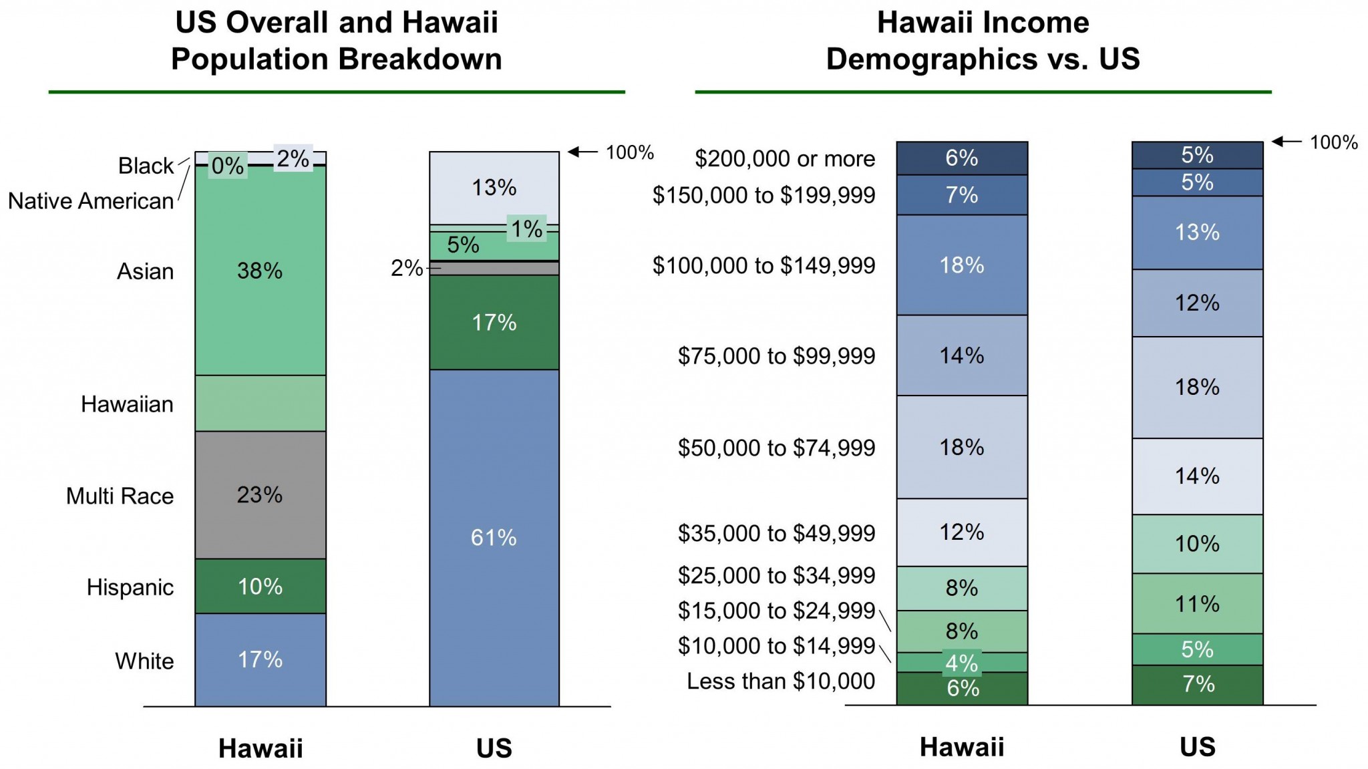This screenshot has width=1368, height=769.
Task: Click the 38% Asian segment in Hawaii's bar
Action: pyautogui.click(x=260, y=271)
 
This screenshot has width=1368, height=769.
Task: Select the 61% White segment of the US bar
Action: pyautogui.click(x=494, y=538)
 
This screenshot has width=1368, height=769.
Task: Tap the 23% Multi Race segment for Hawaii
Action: pyautogui.click(x=260, y=494)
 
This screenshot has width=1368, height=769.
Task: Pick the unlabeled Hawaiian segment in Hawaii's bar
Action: pyautogui.click(x=260, y=403)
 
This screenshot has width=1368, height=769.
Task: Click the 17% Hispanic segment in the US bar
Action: pyautogui.click(x=494, y=323)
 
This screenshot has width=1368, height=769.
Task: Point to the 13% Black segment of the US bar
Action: pyautogui.click(x=494, y=188)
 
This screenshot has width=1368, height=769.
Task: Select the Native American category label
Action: pyautogui.click(x=91, y=200)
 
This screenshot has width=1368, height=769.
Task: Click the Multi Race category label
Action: pyautogui.click(x=120, y=496)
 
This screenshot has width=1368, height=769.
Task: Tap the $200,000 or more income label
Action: pyautogui.click(x=784, y=158)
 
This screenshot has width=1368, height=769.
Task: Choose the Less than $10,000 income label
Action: pyautogui.click(x=780, y=681)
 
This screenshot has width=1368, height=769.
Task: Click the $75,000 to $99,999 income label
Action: pyautogui.click(x=776, y=355)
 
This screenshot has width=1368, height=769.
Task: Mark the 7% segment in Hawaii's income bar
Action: pyautogui.click(x=961, y=195)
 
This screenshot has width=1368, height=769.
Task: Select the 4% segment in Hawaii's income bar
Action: pyautogui.click(x=961, y=663)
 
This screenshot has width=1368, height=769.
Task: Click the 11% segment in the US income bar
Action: pyautogui.click(x=1197, y=604)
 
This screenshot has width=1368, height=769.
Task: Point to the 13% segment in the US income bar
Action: pyautogui.click(x=1197, y=233)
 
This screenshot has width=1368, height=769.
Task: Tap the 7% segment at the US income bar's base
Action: pyautogui.click(x=1197, y=684)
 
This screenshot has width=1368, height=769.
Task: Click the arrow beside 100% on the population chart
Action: pyautogui.click(x=582, y=152)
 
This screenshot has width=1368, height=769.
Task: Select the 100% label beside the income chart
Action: pyautogui.click(x=1333, y=142)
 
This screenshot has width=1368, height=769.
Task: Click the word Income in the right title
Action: pyautogui.click(x=1031, y=23)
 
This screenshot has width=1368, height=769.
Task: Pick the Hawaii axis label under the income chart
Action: pyautogui.click(x=961, y=747)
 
